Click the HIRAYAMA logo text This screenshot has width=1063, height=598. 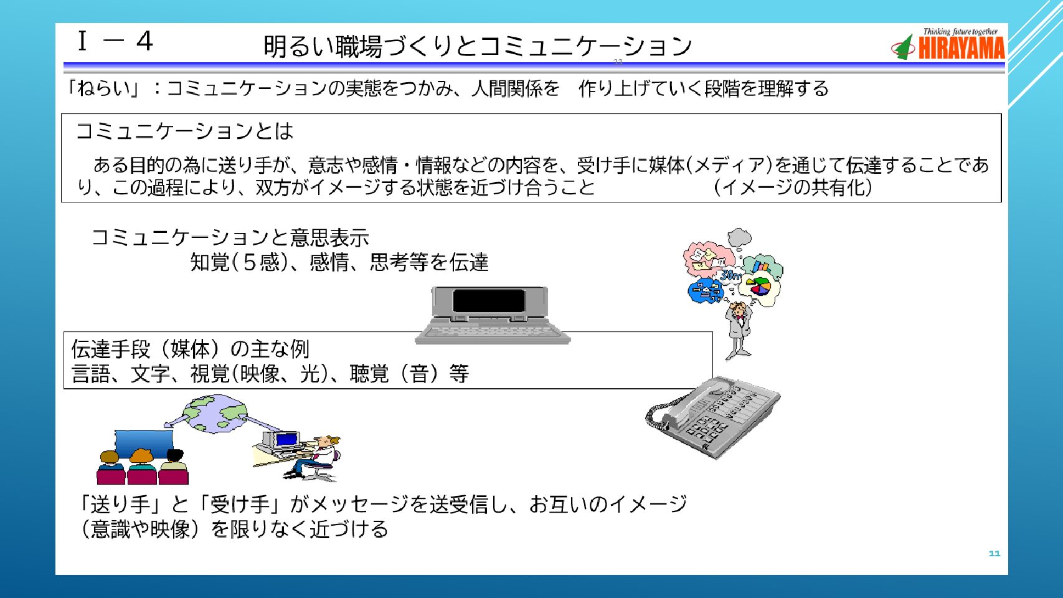point(961,48)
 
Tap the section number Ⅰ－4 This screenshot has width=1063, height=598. point(115,42)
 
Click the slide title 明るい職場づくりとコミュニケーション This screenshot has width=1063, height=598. point(478,46)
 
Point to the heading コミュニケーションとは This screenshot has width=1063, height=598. point(184,131)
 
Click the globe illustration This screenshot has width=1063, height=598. point(215,414)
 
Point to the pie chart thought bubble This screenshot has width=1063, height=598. point(759,288)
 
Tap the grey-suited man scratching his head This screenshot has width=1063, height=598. point(739,331)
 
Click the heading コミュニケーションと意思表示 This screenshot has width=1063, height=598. point(230,237)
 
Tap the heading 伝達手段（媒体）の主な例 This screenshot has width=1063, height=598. point(190,349)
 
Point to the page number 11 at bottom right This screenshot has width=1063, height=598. point(994,553)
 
